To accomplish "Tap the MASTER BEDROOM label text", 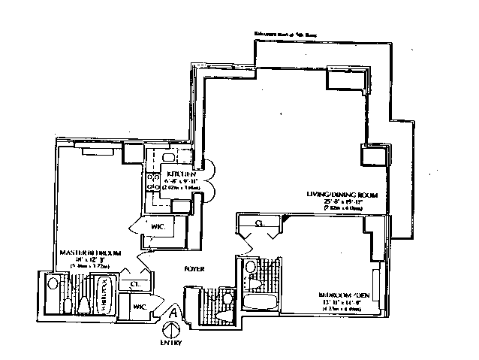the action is pyautogui.click(x=86, y=253).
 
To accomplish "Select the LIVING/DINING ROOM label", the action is pyautogui.click(x=341, y=195).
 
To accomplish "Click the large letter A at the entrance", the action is pyautogui.click(x=173, y=310).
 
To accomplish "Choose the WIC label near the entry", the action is pyautogui.click(x=140, y=306).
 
